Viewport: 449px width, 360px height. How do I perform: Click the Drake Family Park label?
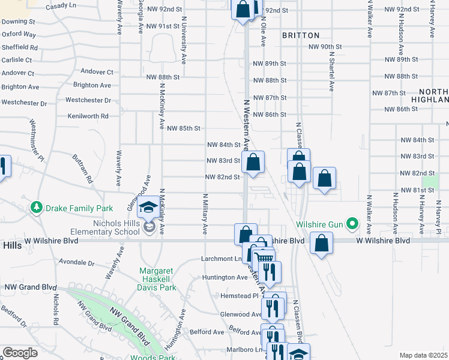(73, 208)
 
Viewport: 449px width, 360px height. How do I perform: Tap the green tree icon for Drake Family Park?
(37, 208)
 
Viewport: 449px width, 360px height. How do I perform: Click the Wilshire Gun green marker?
(354, 226)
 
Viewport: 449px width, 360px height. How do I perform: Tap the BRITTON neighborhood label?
(301, 35)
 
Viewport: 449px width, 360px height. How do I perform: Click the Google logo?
(20, 352)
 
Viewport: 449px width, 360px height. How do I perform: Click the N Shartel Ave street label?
(331, 70)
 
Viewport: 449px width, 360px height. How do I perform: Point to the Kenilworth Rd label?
(88, 116)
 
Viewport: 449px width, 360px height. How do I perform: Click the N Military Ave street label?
(205, 213)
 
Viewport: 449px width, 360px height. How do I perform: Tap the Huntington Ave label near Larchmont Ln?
(225, 277)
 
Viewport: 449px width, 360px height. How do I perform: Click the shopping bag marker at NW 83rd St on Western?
(253, 161)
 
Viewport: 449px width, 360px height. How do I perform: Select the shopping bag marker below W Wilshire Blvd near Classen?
(322, 243)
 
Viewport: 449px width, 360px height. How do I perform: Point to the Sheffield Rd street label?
(20, 47)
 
